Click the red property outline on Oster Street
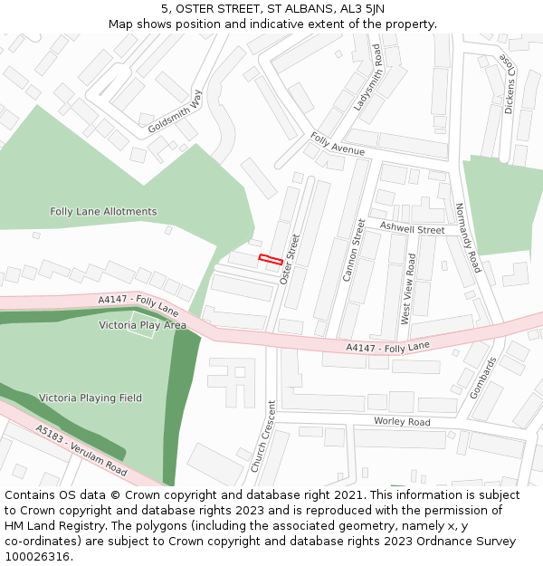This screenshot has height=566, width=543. pyautogui.click(x=270, y=260)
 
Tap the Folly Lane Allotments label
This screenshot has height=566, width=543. pyautogui.click(x=103, y=212)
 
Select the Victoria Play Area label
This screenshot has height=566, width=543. pyautogui.click(x=142, y=325)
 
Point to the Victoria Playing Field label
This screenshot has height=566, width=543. pyautogui.click(x=90, y=398)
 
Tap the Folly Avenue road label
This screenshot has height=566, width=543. pyautogui.click(x=338, y=143)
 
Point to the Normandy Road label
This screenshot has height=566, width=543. pyautogui.click(x=468, y=237)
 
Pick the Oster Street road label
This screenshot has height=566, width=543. pyautogui.click(x=291, y=259)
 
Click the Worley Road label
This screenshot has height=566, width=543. pyautogui.click(x=402, y=422)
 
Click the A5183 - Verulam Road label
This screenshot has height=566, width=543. pyautogui.click(x=81, y=450)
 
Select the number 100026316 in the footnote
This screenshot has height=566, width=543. pyautogui.click(x=39, y=557)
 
